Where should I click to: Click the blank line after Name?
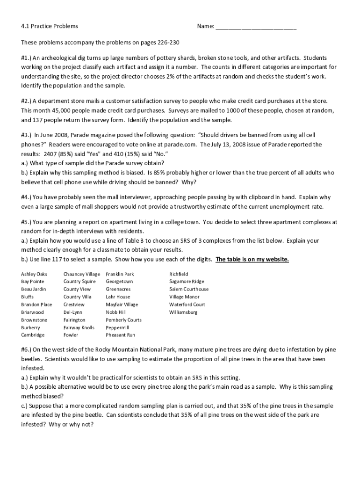[x=256, y=26]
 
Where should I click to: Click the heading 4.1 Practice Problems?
[x=50, y=26]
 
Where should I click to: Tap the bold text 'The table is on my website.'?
[x=252, y=260]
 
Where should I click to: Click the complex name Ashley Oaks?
[x=34, y=274]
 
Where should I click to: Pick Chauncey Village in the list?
[x=81, y=274]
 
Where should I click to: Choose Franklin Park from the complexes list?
[x=120, y=274]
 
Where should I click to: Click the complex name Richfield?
[x=179, y=274]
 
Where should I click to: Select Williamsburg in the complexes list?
[x=183, y=312]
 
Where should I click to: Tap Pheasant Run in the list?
[x=120, y=335]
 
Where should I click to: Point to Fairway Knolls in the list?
[x=79, y=327]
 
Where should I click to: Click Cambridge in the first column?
[x=33, y=335]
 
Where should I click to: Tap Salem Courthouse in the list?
[x=189, y=289]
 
